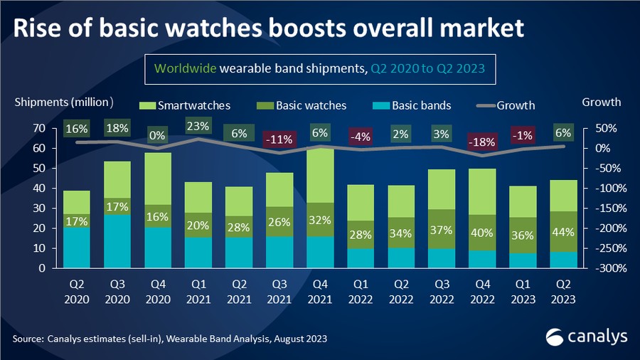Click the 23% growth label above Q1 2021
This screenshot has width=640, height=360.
pyautogui.click(x=198, y=127)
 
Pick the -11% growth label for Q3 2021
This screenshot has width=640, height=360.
pyautogui.click(x=279, y=139)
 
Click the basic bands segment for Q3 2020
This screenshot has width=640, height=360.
pyautogui.click(x=117, y=242)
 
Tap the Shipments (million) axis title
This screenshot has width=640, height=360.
pyautogui.click(x=64, y=102)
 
